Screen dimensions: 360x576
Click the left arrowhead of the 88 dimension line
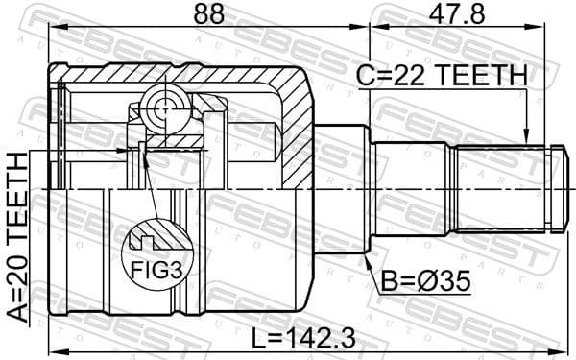pyautogui.click(x=51, y=31)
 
